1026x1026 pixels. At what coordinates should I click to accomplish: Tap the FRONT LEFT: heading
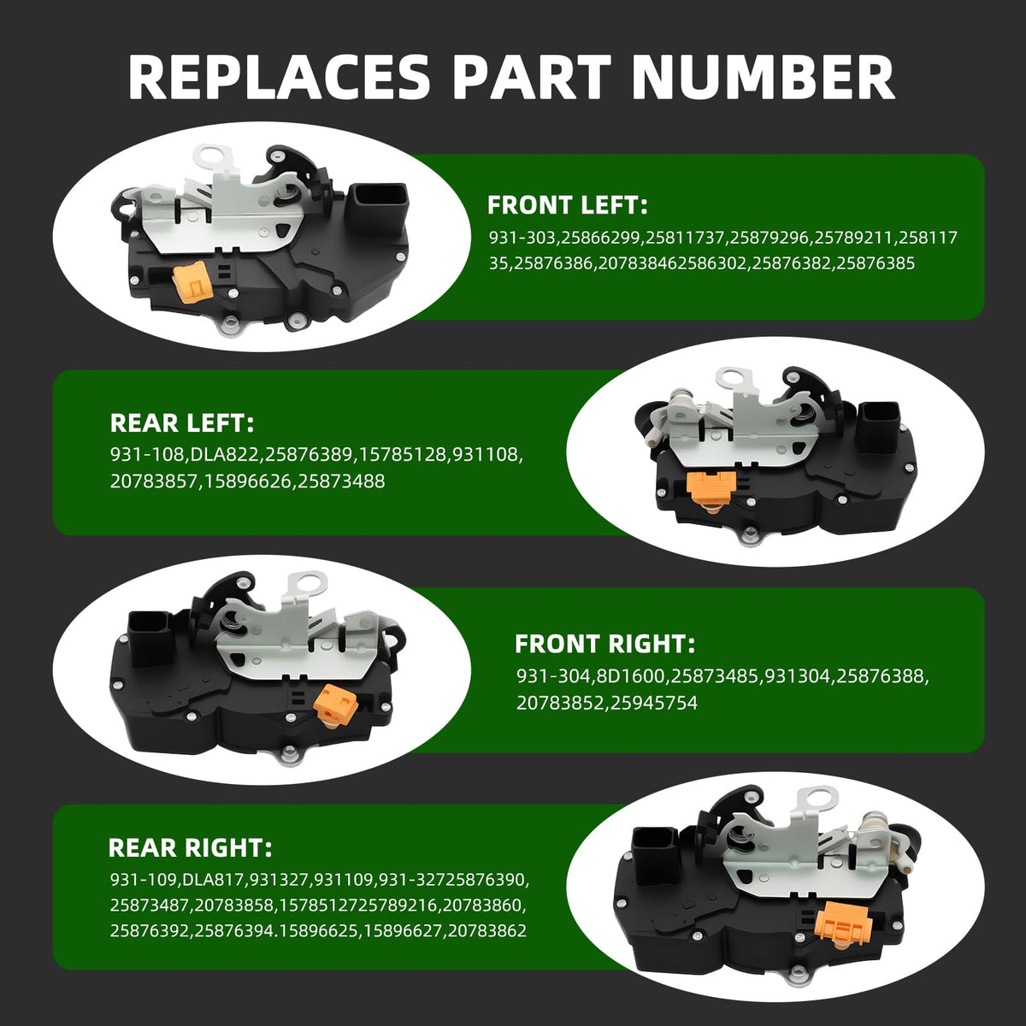point(568,205)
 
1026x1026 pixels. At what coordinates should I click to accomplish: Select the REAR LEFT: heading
point(182,423)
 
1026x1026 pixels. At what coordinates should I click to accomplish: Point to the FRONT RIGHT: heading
point(604,644)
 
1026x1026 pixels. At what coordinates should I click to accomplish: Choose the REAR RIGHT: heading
point(190,848)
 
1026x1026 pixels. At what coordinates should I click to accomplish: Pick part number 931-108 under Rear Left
point(144,455)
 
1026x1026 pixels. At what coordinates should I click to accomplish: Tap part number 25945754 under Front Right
point(654,703)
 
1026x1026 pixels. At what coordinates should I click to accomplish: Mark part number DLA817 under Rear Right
point(213,880)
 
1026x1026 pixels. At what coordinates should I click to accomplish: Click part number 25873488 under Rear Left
point(341,481)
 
